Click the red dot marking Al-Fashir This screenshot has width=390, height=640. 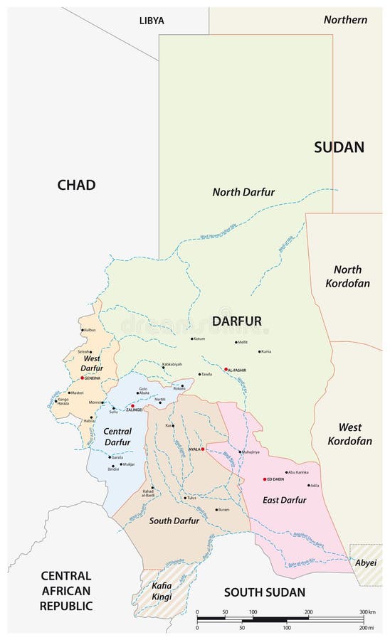[226, 369]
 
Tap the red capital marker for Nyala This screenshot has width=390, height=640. [203, 449]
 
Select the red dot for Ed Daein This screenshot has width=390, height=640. [264, 479]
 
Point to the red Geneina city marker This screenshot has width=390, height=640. [83, 378]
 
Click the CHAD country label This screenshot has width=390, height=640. [76, 185]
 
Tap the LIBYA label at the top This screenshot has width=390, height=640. [152, 21]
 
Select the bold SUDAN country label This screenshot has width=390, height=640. [339, 147]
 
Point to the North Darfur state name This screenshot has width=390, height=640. [243, 192]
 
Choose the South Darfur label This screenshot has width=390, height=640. [174, 521]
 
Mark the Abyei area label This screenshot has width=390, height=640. [366, 562]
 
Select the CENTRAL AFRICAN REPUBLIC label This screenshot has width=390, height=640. [65, 590]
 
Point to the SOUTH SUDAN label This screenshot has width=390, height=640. [264, 592]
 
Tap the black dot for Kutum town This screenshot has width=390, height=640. [191, 339]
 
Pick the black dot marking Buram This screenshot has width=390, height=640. [217, 509]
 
